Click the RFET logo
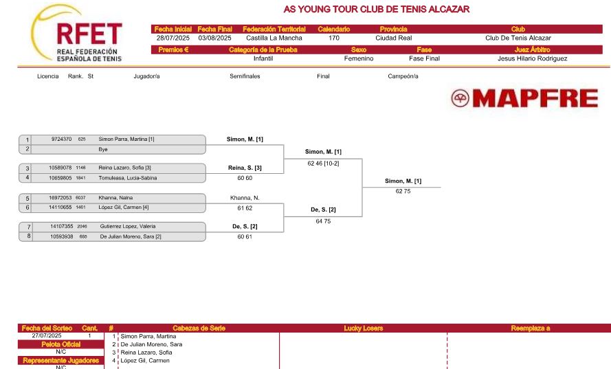click(76, 34)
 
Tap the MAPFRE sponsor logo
click(524, 98)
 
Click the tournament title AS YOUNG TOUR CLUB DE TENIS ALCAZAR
click(377, 10)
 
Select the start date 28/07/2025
click(173, 38)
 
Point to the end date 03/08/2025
click(214, 38)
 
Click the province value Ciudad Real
click(394, 38)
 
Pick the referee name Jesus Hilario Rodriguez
click(532, 58)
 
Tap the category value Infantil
click(263, 58)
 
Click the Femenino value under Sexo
click(359, 58)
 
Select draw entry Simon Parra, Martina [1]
click(126, 139)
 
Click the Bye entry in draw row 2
click(103, 149)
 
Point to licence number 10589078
click(60, 168)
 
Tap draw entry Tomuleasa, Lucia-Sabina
click(127, 178)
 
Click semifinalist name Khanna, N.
click(245, 198)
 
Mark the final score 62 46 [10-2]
click(323, 164)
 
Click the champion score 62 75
click(403, 191)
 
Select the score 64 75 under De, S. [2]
click(323, 221)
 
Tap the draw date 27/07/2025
click(47, 335)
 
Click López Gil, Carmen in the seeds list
click(145, 361)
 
